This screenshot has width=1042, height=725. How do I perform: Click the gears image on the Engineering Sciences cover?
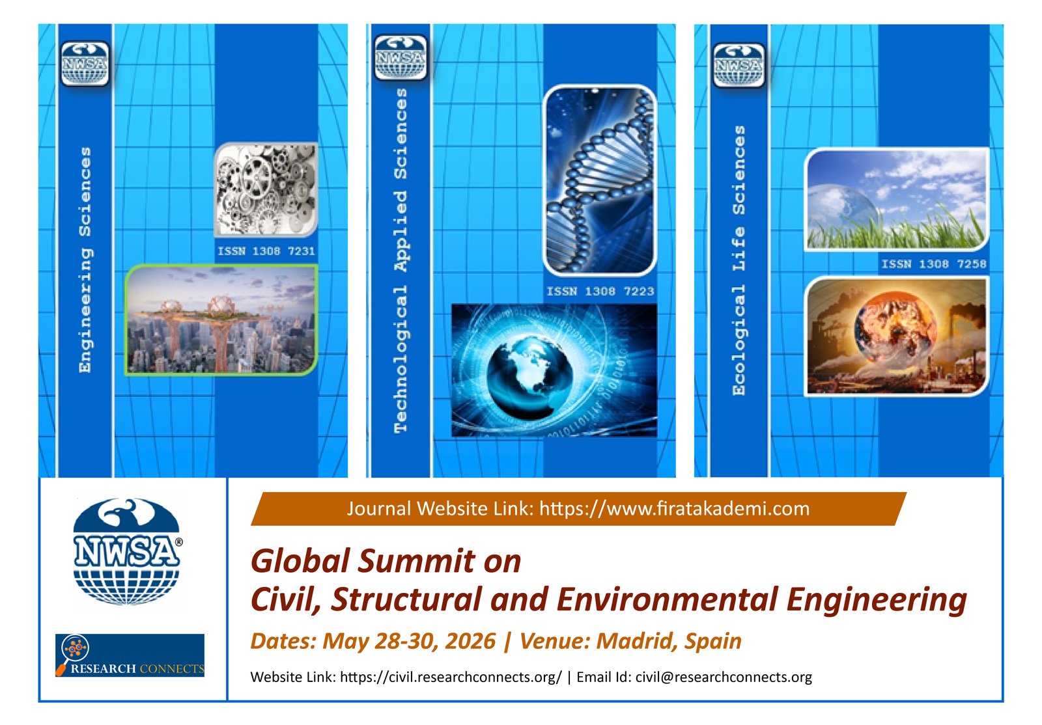(x=266, y=189)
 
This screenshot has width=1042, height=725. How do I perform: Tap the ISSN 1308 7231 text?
(x=266, y=251)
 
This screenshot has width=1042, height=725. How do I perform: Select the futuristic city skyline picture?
(x=221, y=320)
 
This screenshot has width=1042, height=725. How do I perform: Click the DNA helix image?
(x=600, y=180)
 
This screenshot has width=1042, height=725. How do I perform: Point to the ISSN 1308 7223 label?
(x=600, y=292)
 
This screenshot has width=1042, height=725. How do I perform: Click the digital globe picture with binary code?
(x=554, y=370)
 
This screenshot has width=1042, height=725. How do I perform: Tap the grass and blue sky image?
(x=897, y=199)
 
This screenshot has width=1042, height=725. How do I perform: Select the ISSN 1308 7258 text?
(x=934, y=264)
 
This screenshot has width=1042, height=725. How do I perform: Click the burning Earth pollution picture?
(x=897, y=336)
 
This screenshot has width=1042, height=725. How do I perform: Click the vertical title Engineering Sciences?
(x=85, y=260)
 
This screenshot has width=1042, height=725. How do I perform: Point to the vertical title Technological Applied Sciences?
(x=401, y=261)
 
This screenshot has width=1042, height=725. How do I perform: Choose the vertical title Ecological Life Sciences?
(x=739, y=261)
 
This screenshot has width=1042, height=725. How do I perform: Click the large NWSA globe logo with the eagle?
(x=126, y=552)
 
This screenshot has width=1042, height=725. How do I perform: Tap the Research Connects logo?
(x=130, y=655)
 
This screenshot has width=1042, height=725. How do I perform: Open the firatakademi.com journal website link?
(x=675, y=509)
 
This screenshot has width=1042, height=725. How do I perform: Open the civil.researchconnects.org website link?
(x=451, y=677)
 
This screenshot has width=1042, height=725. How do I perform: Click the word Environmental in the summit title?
(x=667, y=599)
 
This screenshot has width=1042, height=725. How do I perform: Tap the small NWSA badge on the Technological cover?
(x=401, y=57)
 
